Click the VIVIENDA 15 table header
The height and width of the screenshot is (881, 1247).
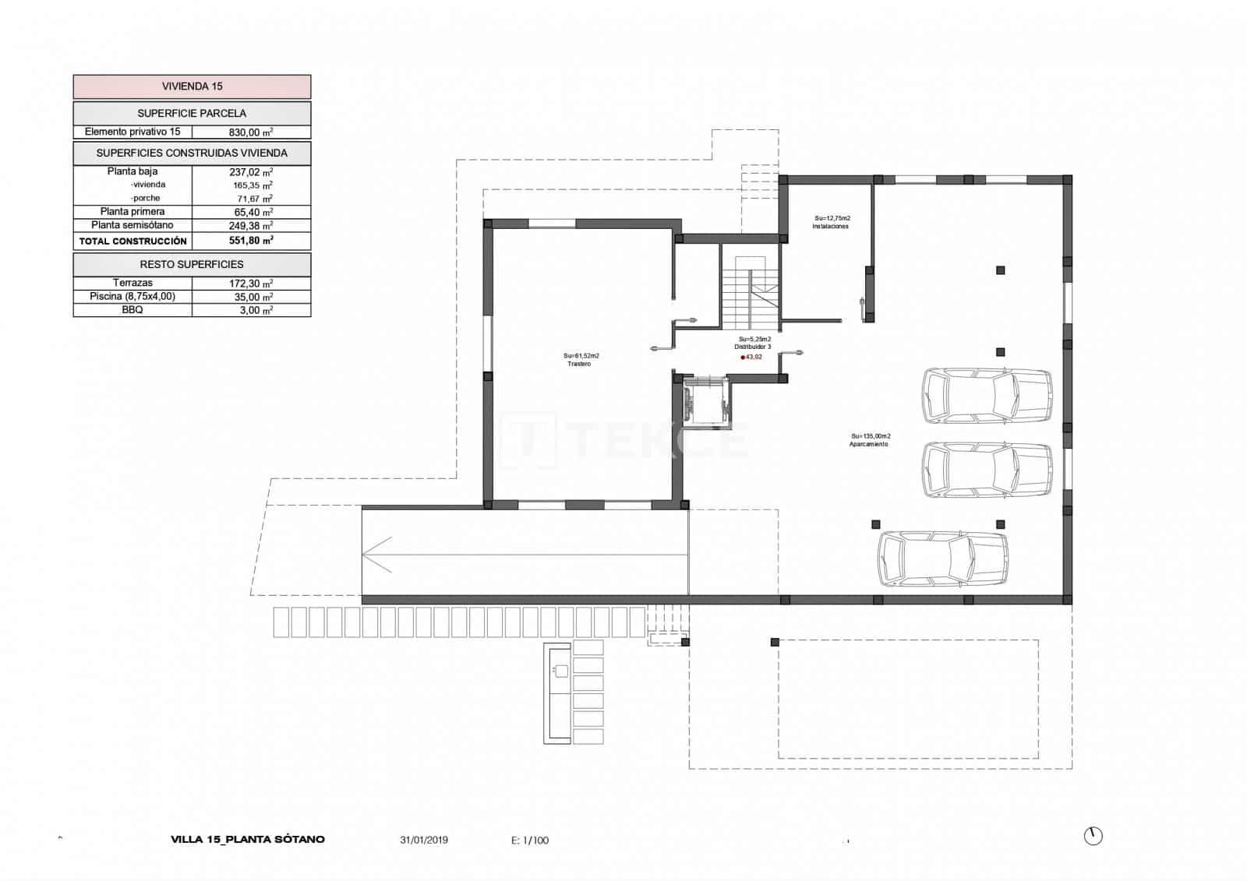[x=192, y=86]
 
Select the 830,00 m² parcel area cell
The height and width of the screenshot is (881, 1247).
[x=250, y=132]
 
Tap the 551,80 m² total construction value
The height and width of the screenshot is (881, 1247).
[x=250, y=241]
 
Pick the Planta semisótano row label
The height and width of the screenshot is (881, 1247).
[x=132, y=225]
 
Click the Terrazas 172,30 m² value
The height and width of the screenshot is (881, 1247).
[x=250, y=284]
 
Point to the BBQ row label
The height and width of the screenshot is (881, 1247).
[x=132, y=310]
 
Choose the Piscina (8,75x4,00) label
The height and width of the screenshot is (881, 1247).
[x=132, y=297]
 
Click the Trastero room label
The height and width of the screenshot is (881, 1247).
[x=580, y=364]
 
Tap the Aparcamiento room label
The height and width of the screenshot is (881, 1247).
[x=868, y=444]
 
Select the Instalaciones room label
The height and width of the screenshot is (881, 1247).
[x=830, y=227]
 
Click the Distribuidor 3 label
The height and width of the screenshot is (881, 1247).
[x=754, y=347]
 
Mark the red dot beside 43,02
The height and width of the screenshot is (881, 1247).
[x=743, y=357]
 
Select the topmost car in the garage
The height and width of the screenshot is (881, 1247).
[x=987, y=396]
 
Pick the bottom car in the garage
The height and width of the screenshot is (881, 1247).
[x=943, y=559]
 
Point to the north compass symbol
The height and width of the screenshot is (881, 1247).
[x=1093, y=836]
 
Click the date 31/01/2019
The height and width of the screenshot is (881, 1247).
[x=424, y=840]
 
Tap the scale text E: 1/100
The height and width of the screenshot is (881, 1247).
[x=530, y=840]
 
